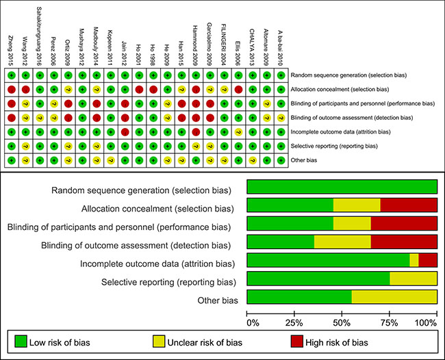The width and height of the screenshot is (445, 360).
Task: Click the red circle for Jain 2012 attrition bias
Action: pyautogui.click(x=124, y=131)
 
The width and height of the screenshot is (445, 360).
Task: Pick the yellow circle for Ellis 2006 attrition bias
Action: pyautogui.click(x=238, y=131)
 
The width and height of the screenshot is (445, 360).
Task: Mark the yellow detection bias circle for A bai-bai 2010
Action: pyautogui.click(x=280, y=117)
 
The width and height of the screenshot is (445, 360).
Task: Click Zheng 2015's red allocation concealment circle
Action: pyautogui.click(x=11, y=89)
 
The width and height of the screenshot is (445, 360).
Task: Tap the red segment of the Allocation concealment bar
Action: pyautogui.click(x=409, y=205)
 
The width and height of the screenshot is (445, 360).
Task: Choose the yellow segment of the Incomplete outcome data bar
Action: pyautogui.click(x=414, y=260)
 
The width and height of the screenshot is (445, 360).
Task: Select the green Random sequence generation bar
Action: pyautogui.click(x=342, y=186)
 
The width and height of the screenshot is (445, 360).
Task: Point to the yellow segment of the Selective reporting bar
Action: pyautogui.click(x=414, y=279)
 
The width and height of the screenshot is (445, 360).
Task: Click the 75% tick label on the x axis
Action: pyautogui.click(x=392, y=322)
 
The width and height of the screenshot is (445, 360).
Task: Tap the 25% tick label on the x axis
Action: pyautogui.click(x=295, y=322)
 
